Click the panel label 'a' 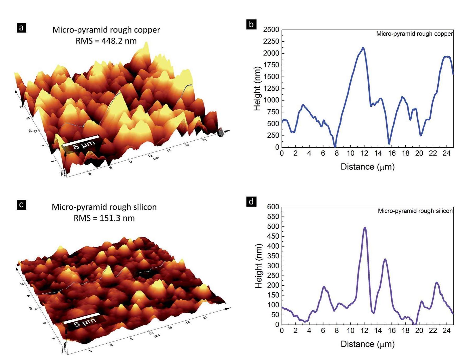[21, 28]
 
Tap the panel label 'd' [251, 202]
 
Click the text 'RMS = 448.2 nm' [106, 41]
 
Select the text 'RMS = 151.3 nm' [104, 218]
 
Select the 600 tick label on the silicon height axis [273, 207]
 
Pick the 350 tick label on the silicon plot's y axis [273, 256]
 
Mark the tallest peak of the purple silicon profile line [365, 228]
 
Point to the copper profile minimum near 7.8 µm [335, 146]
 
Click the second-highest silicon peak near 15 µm [385, 259]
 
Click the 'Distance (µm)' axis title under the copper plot [368, 167]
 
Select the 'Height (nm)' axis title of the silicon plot [258, 266]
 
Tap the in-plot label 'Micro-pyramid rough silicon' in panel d [415, 211]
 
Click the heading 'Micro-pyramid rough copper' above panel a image [106, 30]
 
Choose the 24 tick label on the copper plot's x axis [447, 153]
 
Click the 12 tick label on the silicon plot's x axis [364, 331]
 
